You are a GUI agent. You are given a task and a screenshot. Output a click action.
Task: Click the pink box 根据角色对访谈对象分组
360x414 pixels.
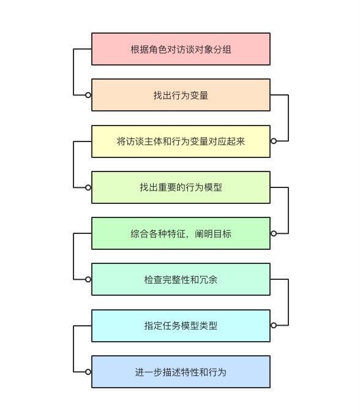(181, 49)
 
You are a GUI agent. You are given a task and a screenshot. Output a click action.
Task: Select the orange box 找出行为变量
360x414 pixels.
(181, 95)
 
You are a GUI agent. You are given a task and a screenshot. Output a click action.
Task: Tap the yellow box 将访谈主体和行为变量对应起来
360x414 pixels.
(181, 141)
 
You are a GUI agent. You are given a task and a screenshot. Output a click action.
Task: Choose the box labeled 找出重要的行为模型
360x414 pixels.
(181, 187)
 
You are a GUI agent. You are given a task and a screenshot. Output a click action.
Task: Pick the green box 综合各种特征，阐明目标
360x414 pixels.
(181, 233)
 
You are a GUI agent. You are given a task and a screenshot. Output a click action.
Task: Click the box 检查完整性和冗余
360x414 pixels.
(181, 279)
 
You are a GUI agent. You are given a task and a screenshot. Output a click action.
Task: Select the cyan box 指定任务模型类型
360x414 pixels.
(181, 326)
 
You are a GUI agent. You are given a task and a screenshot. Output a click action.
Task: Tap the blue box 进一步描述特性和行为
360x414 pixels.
(181, 372)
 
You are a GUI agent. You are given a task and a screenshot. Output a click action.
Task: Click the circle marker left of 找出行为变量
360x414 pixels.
(88, 95)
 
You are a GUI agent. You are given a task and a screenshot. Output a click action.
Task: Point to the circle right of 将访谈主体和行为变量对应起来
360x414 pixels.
(274, 141)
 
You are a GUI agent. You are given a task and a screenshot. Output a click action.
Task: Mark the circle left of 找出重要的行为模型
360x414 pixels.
(88, 187)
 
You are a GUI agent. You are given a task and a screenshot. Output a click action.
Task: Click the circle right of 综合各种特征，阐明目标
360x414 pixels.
(274, 233)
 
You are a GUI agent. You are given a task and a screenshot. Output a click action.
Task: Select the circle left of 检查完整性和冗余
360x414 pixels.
(88, 279)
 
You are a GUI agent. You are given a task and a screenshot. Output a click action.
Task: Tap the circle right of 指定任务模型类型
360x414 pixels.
(274, 325)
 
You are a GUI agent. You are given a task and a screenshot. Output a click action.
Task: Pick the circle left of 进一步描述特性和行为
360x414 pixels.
(88, 372)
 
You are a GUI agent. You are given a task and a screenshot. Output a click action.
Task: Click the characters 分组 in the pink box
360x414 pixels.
(222, 50)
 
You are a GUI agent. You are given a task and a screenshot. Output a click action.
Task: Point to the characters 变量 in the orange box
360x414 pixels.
(199, 96)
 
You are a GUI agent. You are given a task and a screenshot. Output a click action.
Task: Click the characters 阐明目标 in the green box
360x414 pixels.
(213, 234)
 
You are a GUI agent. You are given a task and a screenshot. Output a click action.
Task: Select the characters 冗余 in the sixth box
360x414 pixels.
(209, 280)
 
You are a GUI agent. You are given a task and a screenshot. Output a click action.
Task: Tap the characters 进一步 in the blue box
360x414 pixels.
(149, 372)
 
